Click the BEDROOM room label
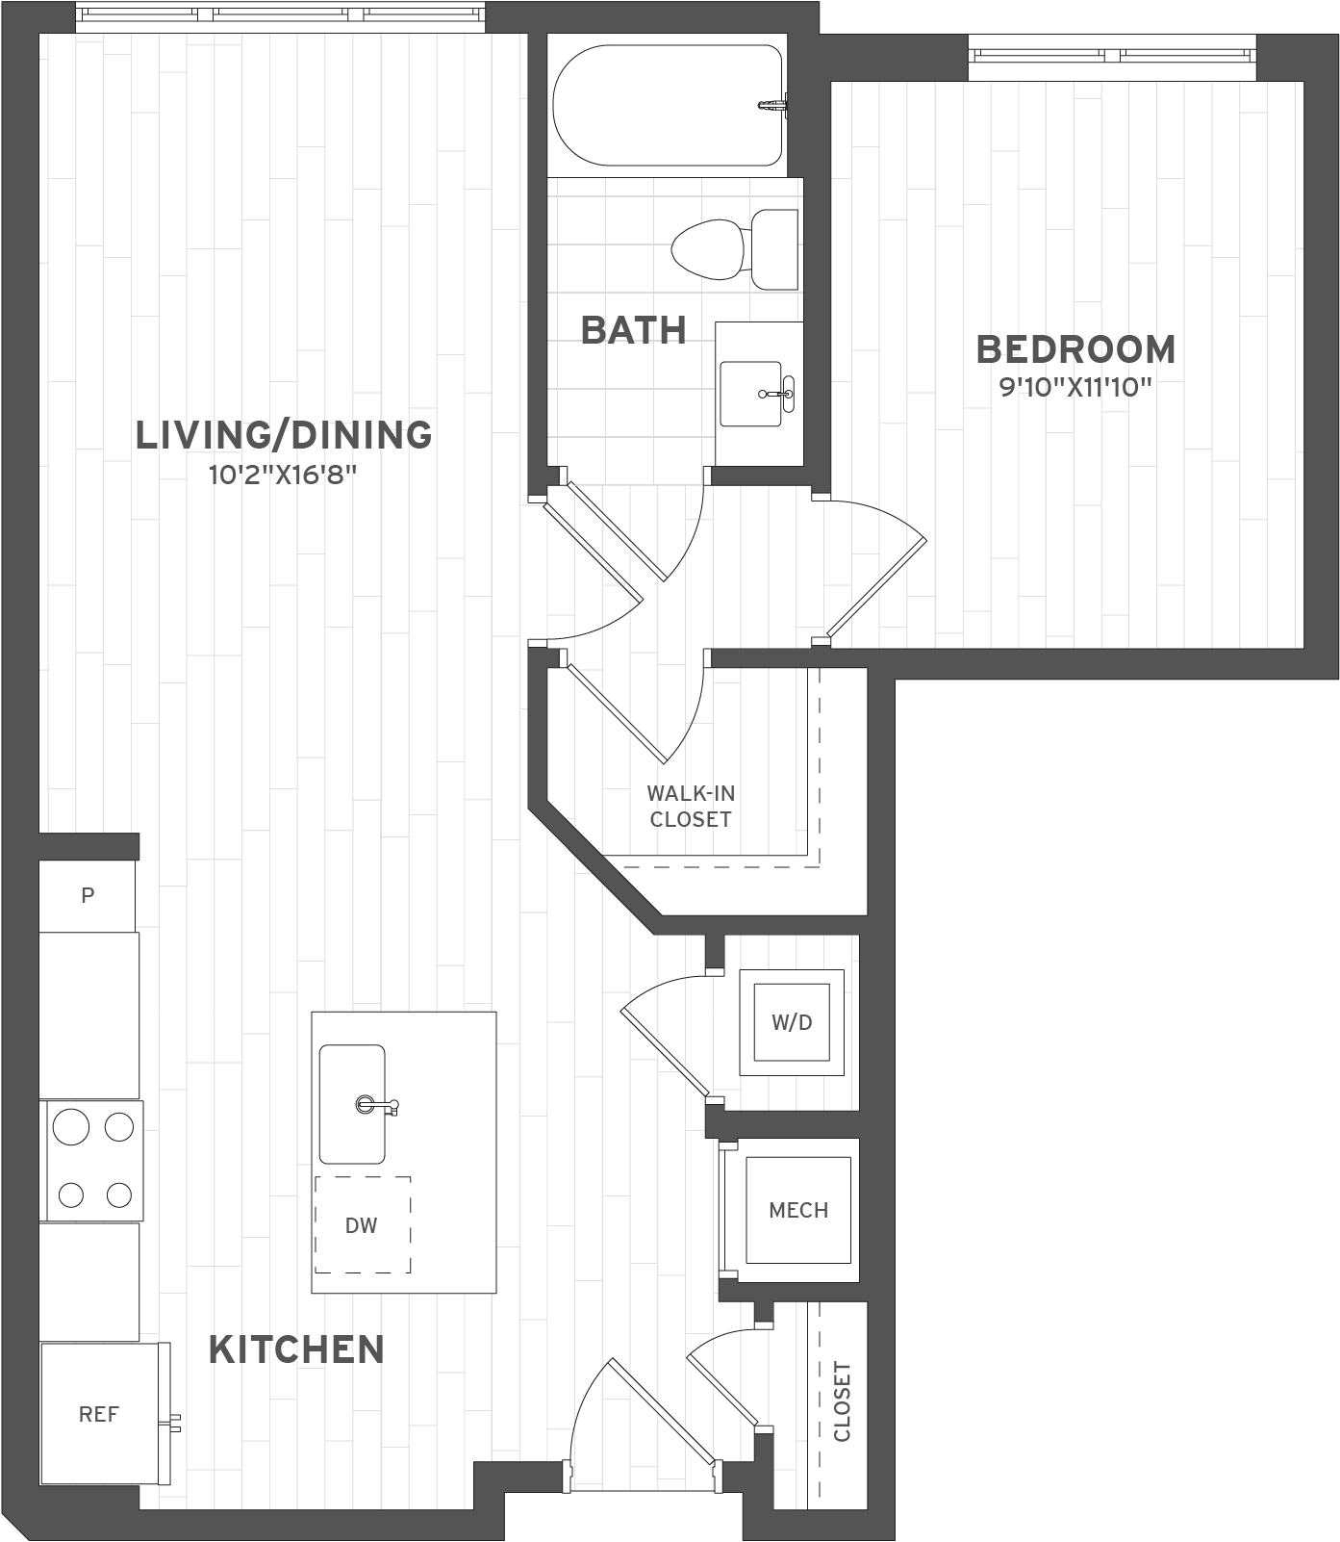click(x=1075, y=349)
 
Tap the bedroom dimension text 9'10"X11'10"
click(x=1075, y=388)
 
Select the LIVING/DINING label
click(x=284, y=435)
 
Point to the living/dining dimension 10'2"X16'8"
click(x=283, y=475)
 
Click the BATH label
click(x=634, y=330)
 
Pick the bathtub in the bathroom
click(x=666, y=106)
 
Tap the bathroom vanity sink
click(x=751, y=394)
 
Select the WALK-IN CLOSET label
click(x=691, y=807)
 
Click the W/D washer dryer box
click(x=792, y=1022)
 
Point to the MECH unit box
click(x=798, y=1210)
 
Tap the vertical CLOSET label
click(x=843, y=1401)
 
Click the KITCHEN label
click(x=296, y=1349)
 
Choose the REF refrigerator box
click(x=99, y=1413)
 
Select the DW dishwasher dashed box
click(x=363, y=1224)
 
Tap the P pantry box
click(x=88, y=896)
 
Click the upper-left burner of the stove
click(x=71, y=1126)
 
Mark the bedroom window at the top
click(x=1111, y=56)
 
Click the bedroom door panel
click(x=876, y=588)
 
